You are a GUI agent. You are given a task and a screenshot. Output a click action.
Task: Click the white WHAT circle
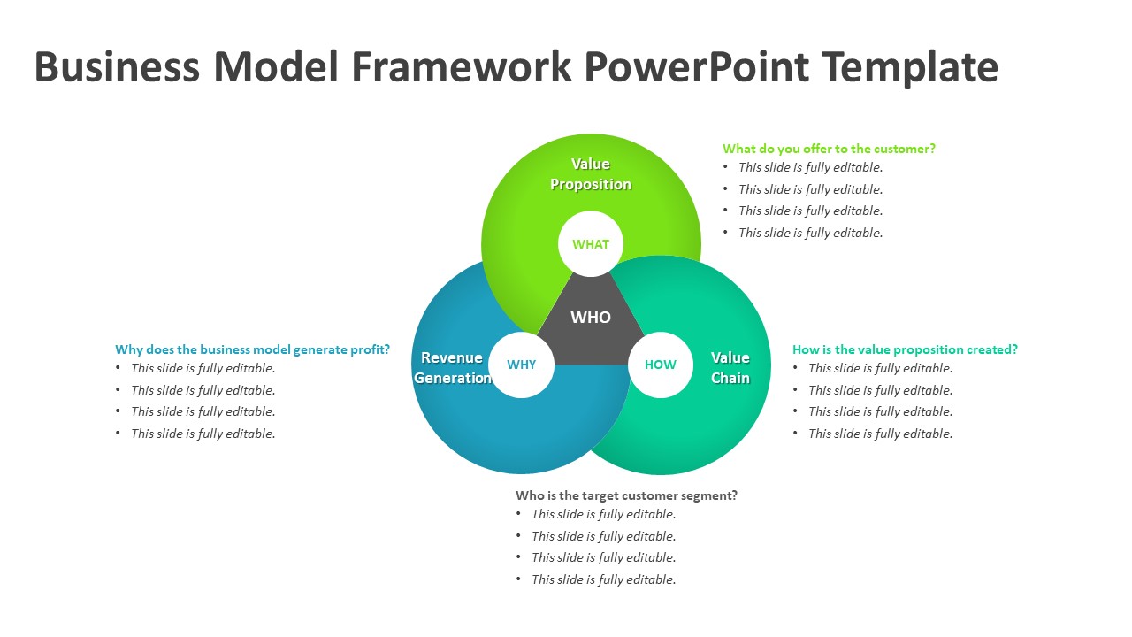tap(591, 244)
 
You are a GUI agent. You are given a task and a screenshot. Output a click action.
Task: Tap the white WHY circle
tap(521, 365)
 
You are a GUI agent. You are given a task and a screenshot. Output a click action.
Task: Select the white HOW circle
tap(660, 365)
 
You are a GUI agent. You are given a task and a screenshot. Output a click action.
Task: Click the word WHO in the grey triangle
tap(591, 317)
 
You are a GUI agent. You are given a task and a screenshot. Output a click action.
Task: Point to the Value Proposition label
tap(591, 174)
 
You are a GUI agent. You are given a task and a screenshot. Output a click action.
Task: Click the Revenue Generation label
tap(452, 368)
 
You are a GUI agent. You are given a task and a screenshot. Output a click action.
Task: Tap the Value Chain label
tap(730, 368)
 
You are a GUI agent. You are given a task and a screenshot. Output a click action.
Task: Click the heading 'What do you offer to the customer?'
tap(829, 149)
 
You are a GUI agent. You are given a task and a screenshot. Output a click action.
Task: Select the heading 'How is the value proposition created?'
tap(905, 349)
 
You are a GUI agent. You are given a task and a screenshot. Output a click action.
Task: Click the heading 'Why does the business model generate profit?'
tap(252, 349)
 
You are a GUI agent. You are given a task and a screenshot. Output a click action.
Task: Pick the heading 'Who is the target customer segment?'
tap(626, 495)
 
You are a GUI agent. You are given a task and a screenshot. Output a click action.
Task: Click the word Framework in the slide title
tap(462, 67)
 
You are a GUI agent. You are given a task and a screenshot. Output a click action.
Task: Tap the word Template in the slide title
tap(910, 67)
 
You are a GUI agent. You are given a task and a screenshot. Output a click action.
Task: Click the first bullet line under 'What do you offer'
tap(810, 167)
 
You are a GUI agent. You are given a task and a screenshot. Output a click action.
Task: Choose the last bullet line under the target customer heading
tap(603, 579)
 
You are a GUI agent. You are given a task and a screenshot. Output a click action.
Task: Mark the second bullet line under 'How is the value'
tap(880, 390)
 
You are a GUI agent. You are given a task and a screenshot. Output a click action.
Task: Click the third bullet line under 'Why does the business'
tap(203, 411)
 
